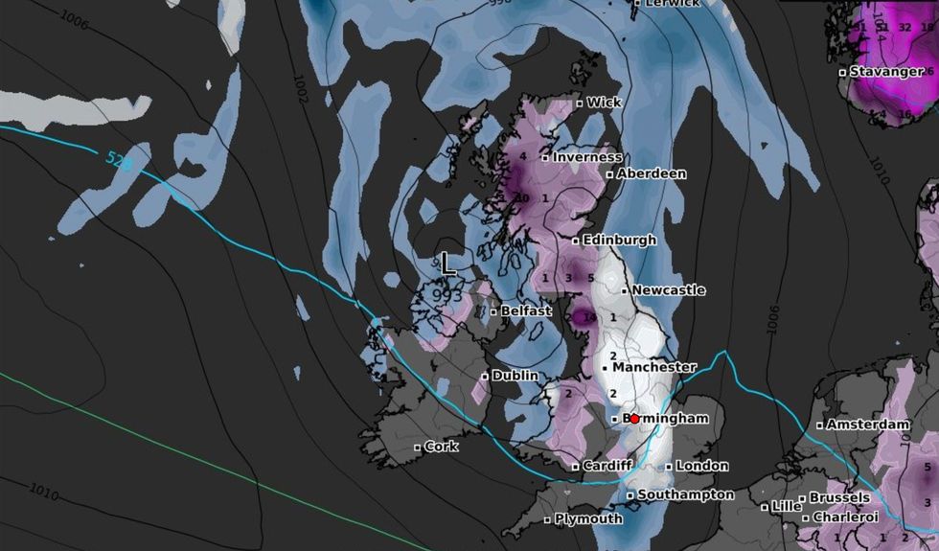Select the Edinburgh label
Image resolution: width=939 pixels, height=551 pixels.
[x=619, y=240]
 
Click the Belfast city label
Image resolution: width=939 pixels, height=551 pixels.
[x=526, y=310]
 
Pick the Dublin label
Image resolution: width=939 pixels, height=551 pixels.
[x=515, y=376]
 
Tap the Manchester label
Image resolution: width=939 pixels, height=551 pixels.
[x=654, y=367]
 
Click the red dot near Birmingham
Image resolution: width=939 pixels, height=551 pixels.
[x=634, y=419]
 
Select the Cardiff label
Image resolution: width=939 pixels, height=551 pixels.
[x=607, y=466]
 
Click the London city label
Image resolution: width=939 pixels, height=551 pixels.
[x=702, y=466]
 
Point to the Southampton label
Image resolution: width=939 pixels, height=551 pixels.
[x=686, y=494]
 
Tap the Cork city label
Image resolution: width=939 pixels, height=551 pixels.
[x=441, y=447]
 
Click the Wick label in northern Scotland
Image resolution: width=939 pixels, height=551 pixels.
[x=604, y=102]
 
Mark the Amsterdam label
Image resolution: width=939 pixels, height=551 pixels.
[x=867, y=424]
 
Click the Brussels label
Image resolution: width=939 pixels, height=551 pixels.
[x=839, y=497]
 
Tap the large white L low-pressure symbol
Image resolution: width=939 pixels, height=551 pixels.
[x=447, y=264]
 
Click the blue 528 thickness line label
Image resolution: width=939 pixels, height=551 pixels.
[x=117, y=163]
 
